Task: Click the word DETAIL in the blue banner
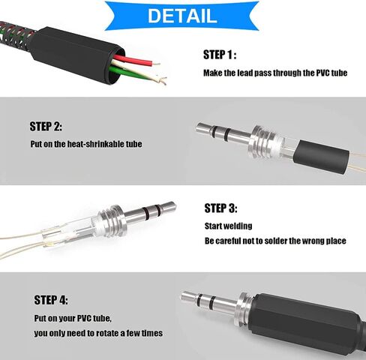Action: tap(182, 16)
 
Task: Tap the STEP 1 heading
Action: tap(220, 55)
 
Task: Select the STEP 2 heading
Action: tap(46, 126)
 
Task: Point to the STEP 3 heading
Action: tap(220, 208)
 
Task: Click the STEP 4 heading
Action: tap(51, 300)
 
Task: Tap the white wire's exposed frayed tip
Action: tap(161, 80)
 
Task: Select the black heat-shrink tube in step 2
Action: tap(321, 156)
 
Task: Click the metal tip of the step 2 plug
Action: tap(204, 129)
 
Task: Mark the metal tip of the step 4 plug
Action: tap(189, 298)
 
